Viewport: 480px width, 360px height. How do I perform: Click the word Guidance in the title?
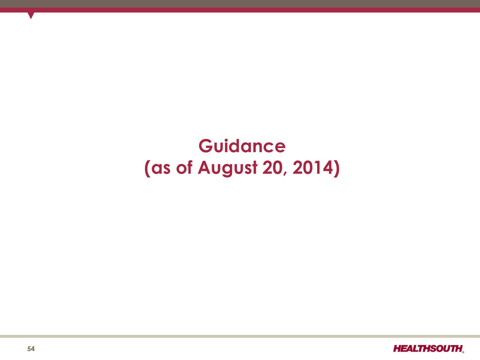(242, 146)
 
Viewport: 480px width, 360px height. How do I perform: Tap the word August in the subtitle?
(227, 169)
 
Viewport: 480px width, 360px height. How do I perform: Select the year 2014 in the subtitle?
(313, 168)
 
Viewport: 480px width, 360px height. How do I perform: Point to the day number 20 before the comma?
(273, 168)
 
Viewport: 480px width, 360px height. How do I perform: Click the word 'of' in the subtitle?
(184, 167)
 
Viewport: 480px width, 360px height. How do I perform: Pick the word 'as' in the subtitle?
(161, 169)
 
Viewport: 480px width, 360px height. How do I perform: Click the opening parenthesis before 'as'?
(147, 169)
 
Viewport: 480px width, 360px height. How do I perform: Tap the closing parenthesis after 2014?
(337, 169)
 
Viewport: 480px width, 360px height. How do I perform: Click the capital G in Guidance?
(206, 146)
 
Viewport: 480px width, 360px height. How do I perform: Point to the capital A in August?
(205, 168)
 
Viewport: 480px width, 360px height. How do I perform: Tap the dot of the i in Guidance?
(230, 140)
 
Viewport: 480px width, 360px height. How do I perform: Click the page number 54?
(31, 349)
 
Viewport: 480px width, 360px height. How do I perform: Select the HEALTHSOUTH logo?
(428, 348)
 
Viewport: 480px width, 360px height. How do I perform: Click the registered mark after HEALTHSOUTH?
(463, 352)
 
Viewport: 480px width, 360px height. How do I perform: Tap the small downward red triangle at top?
(31, 15)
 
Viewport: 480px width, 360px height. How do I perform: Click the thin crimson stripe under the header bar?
(240, 10)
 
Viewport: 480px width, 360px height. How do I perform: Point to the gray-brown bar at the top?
(240, 4)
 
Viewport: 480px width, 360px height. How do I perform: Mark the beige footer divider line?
(240, 336)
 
